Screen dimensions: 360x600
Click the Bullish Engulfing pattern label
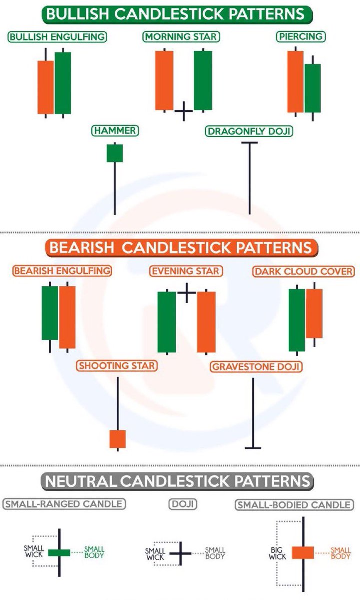coord(58,37)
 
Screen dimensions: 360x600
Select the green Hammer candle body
coord(114,153)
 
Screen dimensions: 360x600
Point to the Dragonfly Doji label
coord(249,131)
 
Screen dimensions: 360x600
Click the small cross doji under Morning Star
coord(183,111)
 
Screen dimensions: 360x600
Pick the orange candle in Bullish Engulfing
coord(45,87)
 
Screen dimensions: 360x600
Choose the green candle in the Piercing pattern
coord(312,88)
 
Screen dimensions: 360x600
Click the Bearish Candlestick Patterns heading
coord(180,247)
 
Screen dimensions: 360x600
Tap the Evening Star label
coord(186,271)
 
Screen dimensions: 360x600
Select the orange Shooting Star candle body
coord(117,438)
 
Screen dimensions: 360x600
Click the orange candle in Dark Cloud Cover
coord(314,313)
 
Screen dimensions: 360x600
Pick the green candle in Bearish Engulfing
coord(50,313)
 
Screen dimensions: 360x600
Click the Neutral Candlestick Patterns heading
coord(180,481)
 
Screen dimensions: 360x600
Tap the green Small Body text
coord(94,552)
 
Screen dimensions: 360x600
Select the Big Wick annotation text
coord(277,553)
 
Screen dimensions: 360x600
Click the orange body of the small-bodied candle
coord(303,552)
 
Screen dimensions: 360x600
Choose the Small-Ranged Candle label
coord(64,504)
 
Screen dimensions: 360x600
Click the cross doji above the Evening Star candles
coord(186,293)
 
